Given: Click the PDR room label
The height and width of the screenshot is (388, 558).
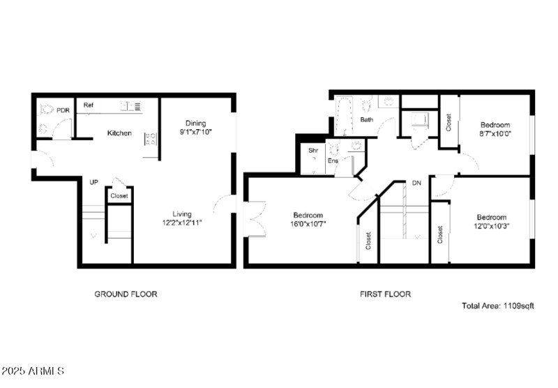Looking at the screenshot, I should (x=63, y=110).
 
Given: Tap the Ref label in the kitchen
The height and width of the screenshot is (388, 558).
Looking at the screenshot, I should (x=89, y=105).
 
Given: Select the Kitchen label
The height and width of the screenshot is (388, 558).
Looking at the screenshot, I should (x=119, y=133).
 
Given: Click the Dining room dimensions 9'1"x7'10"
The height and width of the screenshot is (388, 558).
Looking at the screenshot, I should (x=195, y=132).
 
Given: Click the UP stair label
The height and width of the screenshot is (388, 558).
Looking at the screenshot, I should (x=93, y=183).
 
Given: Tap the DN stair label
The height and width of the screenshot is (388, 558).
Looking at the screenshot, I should (x=417, y=183).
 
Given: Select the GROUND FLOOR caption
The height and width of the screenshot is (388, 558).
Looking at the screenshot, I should (x=126, y=294).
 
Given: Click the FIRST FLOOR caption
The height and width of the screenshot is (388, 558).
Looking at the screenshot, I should (x=385, y=294).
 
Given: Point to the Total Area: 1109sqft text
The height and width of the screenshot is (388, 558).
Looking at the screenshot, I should (x=497, y=306).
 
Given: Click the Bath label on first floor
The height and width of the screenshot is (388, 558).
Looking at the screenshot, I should (x=366, y=120).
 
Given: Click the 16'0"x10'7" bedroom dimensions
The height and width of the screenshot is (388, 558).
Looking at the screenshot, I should (x=308, y=224).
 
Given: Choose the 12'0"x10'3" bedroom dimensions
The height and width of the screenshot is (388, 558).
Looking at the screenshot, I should (x=492, y=226).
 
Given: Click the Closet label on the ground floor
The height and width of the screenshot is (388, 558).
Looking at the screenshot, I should (x=119, y=196).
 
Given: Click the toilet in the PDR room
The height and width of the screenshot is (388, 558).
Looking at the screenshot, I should (x=47, y=109).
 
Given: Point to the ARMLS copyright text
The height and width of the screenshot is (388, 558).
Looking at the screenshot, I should (x=33, y=371).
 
